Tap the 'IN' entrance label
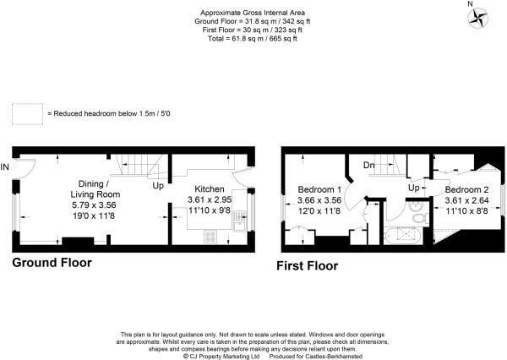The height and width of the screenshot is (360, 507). pos(7,166)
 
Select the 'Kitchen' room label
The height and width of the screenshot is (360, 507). pos(209,188)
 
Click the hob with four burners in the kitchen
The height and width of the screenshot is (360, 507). pos(209,237)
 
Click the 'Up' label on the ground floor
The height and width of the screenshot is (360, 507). pos(157,184)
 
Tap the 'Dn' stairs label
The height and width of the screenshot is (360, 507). pos(369,166)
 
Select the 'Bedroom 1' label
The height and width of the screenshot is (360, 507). pos(320,188)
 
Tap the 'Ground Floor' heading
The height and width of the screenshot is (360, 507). pos(52,263)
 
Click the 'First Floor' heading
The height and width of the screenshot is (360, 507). pos(308,266)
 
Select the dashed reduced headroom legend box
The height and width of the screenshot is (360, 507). pos(26,112)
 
